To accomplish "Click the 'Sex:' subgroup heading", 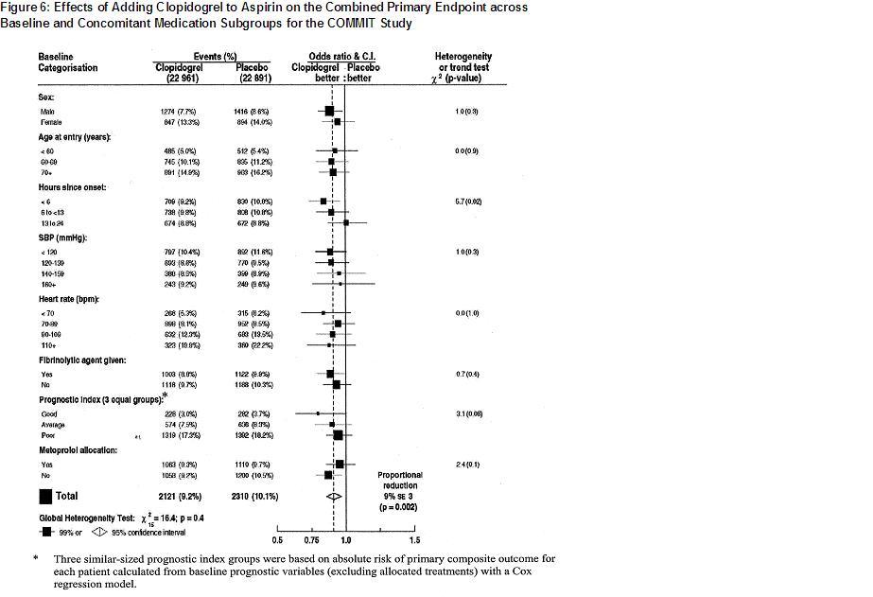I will click(46, 97).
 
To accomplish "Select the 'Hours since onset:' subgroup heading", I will click(73, 187).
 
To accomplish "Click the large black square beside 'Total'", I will click(44, 496).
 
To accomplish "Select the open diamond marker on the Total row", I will click(332, 496).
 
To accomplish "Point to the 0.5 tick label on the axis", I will click(277, 540).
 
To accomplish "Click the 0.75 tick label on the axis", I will click(311, 540).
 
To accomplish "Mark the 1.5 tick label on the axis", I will click(414, 540).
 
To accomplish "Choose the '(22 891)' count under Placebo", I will click(251, 79).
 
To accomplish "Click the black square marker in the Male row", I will click(329, 112).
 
